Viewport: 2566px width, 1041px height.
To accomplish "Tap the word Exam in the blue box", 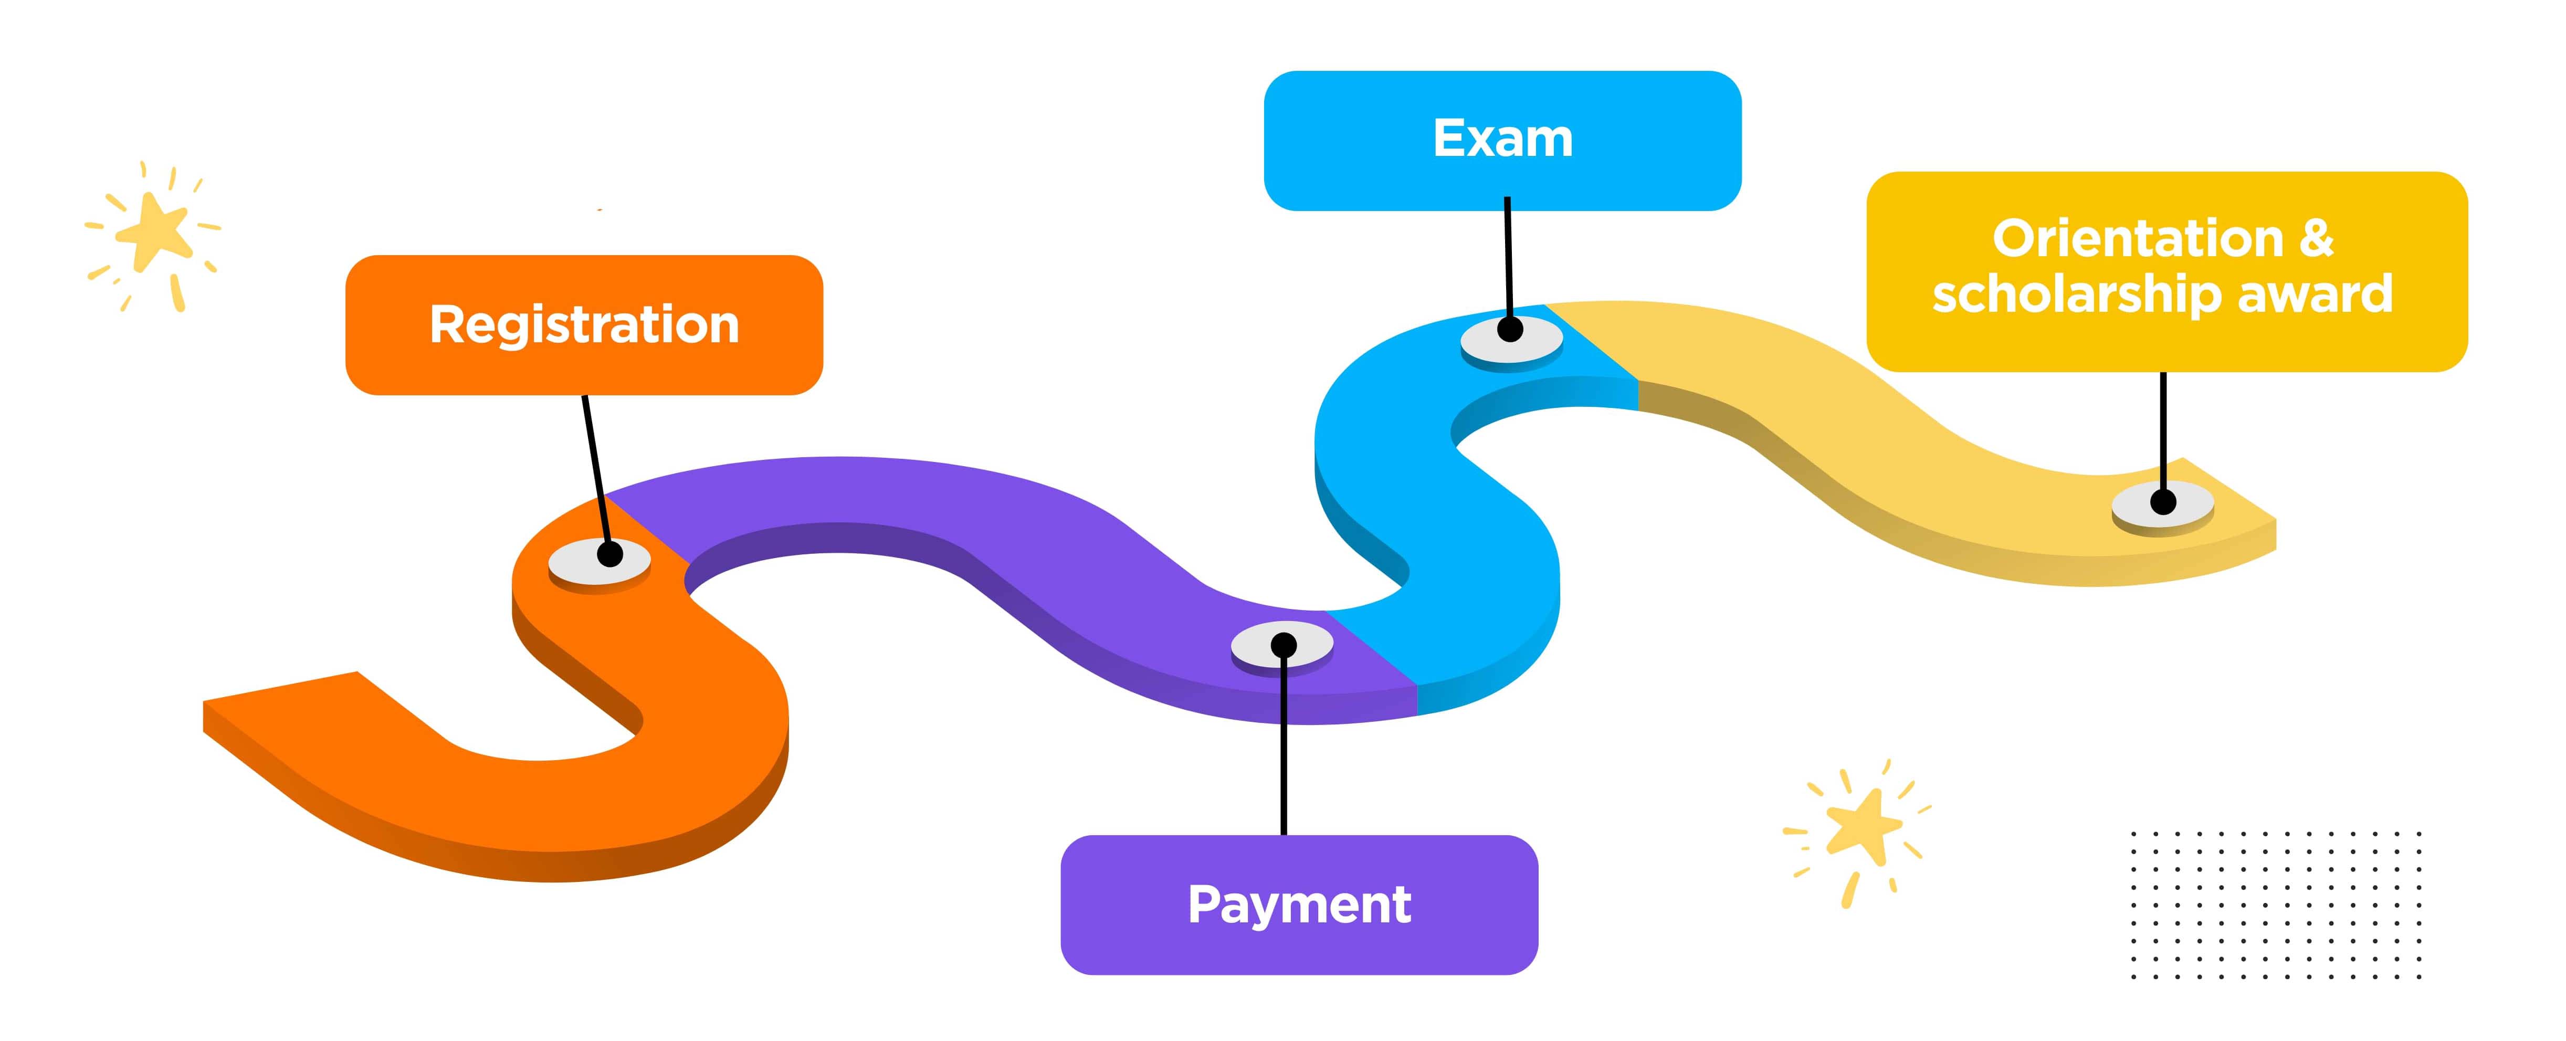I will click(x=1502, y=139).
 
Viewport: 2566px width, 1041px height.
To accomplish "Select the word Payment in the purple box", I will click(x=1299, y=905).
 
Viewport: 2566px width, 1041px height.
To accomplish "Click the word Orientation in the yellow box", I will click(x=2137, y=239).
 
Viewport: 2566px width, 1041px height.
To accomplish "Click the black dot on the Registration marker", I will click(x=609, y=554).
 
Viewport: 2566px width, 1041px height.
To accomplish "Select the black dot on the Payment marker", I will click(x=1284, y=646).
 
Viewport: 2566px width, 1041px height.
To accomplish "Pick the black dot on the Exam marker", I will click(x=1510, y=330).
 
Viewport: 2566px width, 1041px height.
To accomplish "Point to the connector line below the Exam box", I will click(x=1508, y=259).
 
